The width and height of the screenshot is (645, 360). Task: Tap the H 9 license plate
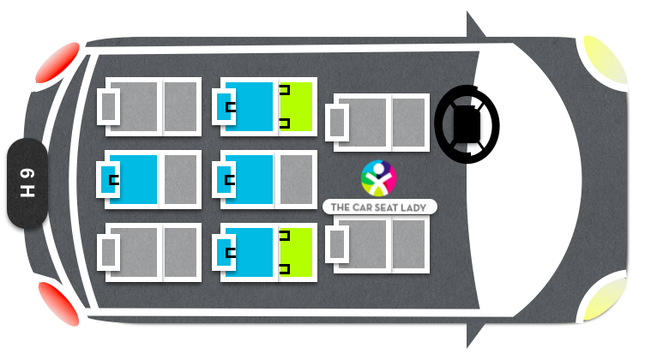tap(27, 183)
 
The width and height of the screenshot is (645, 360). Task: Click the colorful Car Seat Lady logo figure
tap(378, 178)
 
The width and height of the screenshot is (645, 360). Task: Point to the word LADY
tap(413, 207)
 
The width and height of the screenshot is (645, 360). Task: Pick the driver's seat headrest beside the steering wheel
tap(337, 123)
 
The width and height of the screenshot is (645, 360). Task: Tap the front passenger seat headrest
tap(337, 244)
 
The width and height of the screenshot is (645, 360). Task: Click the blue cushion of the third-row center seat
tap(133, 179)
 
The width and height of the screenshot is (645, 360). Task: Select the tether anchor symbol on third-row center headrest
tap(114, 180)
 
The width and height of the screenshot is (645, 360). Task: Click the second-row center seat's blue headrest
tap(224, 180)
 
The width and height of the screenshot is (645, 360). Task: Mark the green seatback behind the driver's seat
tap(296, 106)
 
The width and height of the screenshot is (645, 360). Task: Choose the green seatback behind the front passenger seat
tap(296, 252)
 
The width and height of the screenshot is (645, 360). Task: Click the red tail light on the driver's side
tap(57, 63)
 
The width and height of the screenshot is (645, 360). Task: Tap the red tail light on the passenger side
tap(59, 304)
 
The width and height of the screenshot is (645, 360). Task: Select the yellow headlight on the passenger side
tap(605, 300)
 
